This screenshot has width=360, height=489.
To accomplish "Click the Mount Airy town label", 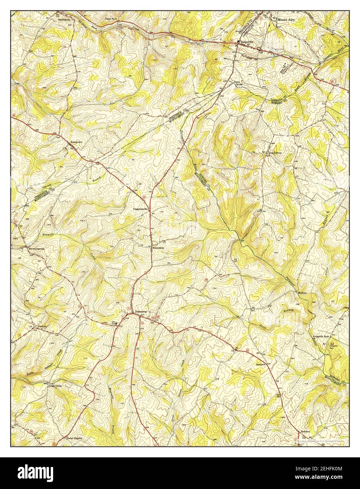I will click(x=286, y=20).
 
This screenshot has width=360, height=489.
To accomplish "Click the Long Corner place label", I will click(x=275, y=153).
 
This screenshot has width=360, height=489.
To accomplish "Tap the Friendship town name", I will click(x=158, y=248).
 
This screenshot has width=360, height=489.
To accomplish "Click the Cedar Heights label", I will click(x=74, y=438).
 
